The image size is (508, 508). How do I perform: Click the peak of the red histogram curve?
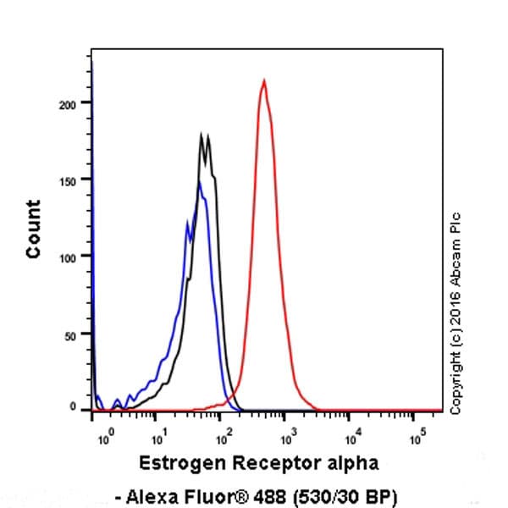tap(264, 81)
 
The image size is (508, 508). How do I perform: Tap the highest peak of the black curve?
tap(202, 134)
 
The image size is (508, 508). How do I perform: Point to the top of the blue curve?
tap(199, 182)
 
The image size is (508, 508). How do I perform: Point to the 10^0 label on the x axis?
tap(105, 439)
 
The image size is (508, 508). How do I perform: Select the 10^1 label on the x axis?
tap(157, 439)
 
